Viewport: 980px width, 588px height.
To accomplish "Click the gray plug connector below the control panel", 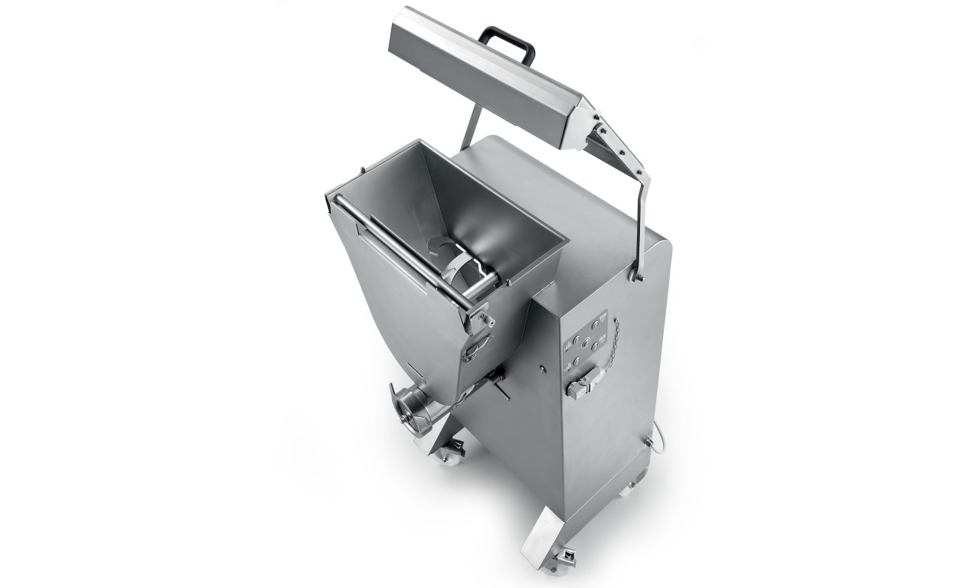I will coord(583,381).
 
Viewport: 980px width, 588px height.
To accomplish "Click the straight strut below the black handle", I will coord(471,126).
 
